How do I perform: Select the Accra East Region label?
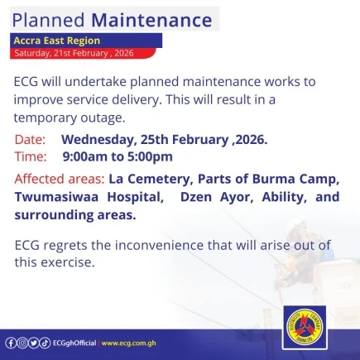(x=57, y=41)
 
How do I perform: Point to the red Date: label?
(x=30, y=139)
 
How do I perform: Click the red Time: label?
(x=31, y=156)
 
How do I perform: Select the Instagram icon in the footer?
(x=22, y=343)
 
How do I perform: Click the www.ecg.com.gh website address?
(x=129, y=343)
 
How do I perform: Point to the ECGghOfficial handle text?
(x=74, y=343)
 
